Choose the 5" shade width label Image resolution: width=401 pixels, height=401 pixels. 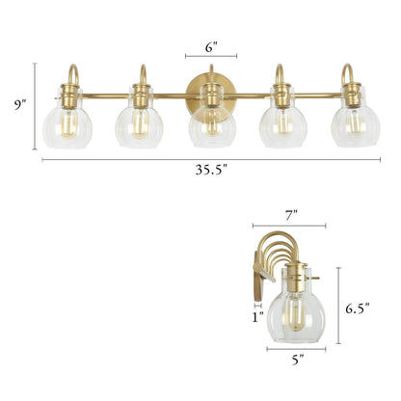297,360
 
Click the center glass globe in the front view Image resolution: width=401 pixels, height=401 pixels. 211,125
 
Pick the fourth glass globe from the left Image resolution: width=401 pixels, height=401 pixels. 281,123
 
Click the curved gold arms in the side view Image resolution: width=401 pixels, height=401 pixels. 289,246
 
